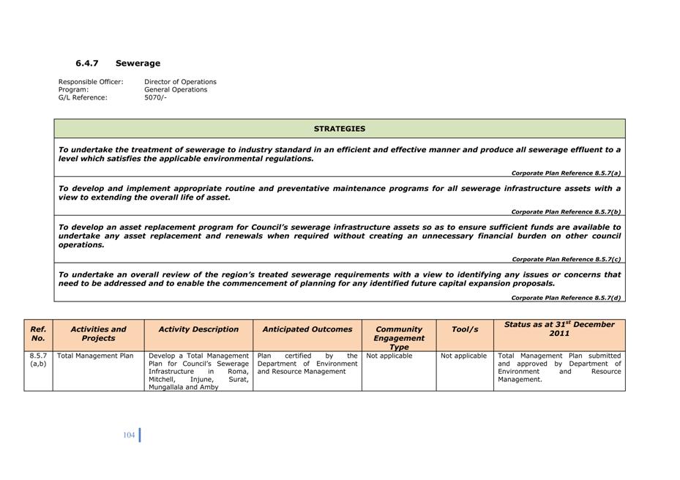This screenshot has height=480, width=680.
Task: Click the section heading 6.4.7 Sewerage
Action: click(x=118, y=64)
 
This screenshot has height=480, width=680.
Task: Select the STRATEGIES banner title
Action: click(x=340, y=129)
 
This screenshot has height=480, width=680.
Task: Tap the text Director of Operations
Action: click(x=180, y=82)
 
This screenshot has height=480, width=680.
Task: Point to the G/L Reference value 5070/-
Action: click(x=155, y=97)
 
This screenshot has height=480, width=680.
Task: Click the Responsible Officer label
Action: click(x=91, y=82)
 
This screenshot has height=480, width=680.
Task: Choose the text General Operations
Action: click(x=176, y=90)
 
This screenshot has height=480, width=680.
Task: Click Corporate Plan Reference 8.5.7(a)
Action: click(x=566, y=173)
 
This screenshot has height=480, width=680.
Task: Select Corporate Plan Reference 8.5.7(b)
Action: click(x=566, y=212)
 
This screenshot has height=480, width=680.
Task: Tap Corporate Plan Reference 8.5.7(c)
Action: click(x=566, y=259)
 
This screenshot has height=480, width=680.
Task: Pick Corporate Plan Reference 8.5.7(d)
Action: click(x=566, y=298)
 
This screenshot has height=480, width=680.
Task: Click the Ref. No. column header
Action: click(x=38, y=334)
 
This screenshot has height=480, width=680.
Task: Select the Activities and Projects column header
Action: click(x=98, y=334)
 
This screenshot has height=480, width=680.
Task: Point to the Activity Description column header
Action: click(x=198, y=329)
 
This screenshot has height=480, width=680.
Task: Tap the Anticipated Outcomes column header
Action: click(x=307, y=329)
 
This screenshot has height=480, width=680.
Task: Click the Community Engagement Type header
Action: click(x=399, y=337)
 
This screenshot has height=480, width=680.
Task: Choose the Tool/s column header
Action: click(x=464, y=329)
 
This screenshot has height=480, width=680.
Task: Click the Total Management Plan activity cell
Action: click(x=95, y=356)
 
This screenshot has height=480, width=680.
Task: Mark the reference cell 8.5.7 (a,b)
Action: click(x=38, y=360)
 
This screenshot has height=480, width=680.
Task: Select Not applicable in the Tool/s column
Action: click(x=463, y=356)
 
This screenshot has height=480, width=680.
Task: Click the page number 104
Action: click(x=129, y=435)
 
